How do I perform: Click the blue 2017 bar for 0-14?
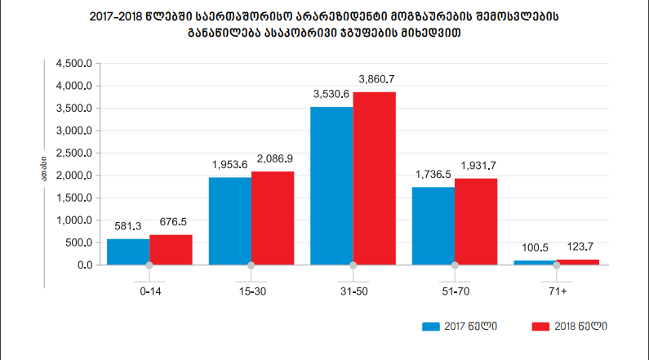point(128,251)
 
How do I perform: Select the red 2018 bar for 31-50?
point(375,178)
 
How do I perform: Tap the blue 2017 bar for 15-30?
point(230,220)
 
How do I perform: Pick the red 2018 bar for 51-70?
point(476,221)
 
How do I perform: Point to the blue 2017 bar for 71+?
point(536,263)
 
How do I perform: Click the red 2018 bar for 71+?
point(578,262)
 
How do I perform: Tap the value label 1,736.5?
point(433,175)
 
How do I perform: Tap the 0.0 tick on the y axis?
point(84,265)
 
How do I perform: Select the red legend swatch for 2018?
point(539,327)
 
